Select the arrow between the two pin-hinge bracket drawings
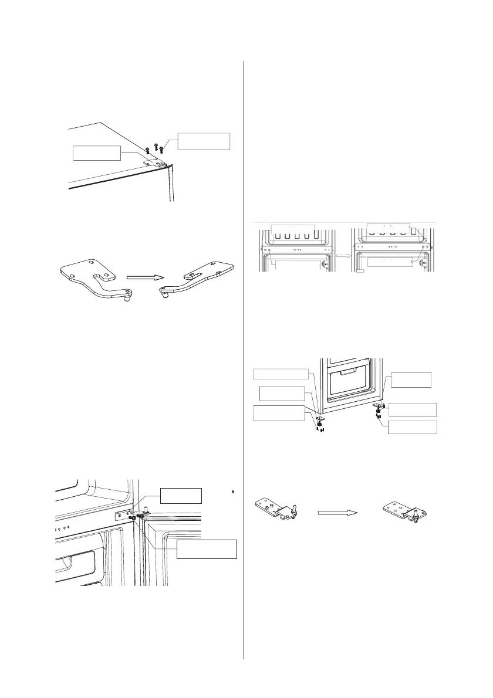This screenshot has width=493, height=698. coord(337,511)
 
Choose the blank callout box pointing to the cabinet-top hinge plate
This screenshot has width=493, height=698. coord(96,153)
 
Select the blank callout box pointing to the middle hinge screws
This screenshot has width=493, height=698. coord(207,550)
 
